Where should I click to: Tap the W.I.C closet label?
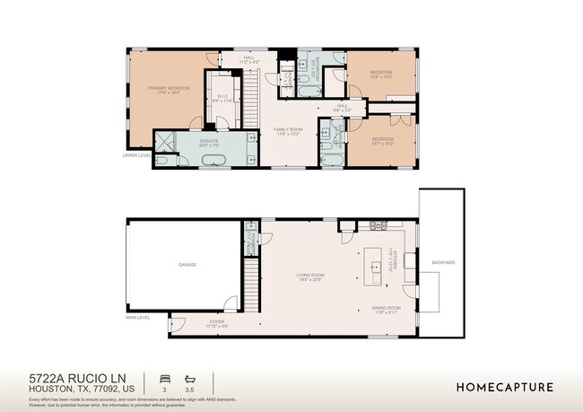(x=224, y=100)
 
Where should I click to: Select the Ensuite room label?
(x=210, y=141)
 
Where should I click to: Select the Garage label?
(x=187, y=265)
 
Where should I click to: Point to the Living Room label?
(x=310, y=276)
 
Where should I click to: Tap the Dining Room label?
(x=386, y=310)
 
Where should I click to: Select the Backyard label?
(x=443, y=262)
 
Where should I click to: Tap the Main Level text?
(x=138, y=317)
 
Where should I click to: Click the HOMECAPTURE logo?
(x=504, y=387)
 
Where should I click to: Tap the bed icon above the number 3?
(x=163, y=378)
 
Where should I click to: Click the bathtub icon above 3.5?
(x=189, y=378)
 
